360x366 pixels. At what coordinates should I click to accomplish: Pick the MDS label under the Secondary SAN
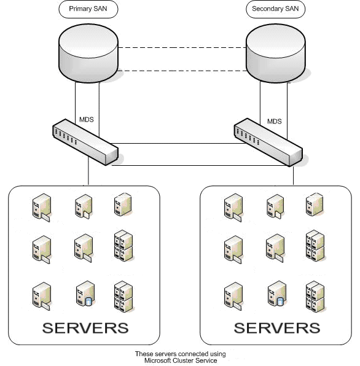tap(274, 121)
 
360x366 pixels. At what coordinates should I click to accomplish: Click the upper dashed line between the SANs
tap(181, 48)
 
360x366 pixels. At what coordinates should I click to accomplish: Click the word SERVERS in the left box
tap(85, 327)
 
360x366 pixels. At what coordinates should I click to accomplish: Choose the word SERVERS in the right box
tap(277, 327)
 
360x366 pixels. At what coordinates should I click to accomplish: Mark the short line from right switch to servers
tap(293, 175)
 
